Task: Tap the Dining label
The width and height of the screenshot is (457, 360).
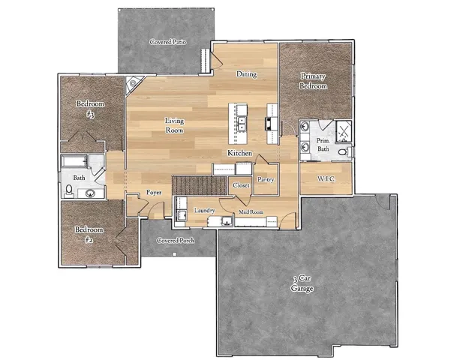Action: point(247,74)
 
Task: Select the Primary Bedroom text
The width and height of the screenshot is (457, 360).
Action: point(314,81)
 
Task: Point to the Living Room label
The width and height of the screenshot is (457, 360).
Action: point(174,125)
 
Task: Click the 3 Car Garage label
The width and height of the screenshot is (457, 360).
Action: point(302,283)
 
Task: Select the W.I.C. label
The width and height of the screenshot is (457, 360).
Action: point(326,178)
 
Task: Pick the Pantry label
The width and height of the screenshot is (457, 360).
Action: point(266,180)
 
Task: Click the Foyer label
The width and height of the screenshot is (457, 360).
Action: point(155,192)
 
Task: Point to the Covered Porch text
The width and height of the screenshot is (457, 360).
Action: point(175,241)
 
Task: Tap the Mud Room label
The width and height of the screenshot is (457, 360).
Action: point(250,212)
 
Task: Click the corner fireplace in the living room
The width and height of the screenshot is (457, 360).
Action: point(134,84)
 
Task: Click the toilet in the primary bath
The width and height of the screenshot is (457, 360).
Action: point(343,152)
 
